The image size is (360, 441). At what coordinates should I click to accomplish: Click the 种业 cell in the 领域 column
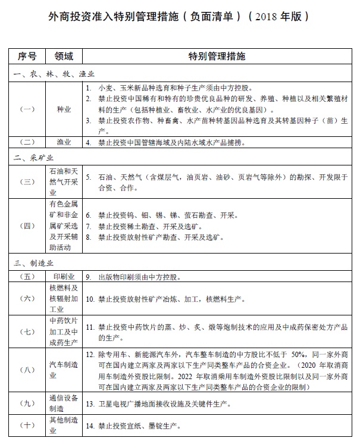click(63, 109)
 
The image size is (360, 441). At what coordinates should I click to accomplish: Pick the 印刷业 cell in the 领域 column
click(63, 277)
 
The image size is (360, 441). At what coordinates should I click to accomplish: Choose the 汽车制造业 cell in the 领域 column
click(63, 370)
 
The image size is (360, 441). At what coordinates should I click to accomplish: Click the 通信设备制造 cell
click(63, 403)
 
